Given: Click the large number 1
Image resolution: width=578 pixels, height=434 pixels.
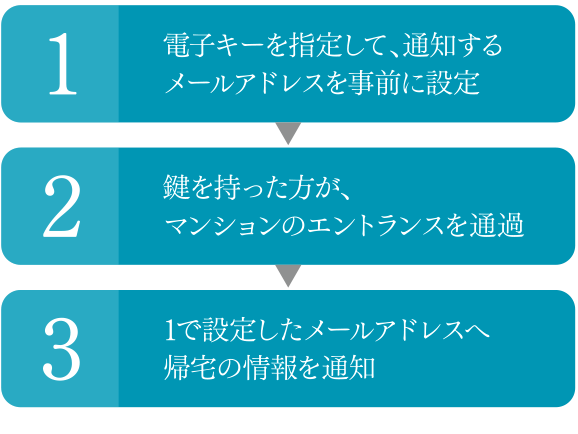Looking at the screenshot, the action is click(63, 64).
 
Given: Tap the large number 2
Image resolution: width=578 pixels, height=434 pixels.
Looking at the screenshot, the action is click(62, 206).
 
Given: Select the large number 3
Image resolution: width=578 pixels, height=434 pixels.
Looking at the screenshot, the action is click(62, 349).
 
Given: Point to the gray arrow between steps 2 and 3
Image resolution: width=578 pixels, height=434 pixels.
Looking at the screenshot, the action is click(289, 275).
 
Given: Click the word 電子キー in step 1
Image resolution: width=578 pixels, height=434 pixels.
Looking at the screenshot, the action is click(213, 45).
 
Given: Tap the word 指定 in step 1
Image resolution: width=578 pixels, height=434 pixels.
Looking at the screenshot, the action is click(315, 45).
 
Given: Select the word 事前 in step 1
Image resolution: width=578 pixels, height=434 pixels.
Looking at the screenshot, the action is click(374, 83).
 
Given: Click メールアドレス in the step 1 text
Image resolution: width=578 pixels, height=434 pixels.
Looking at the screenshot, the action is click(244, 83).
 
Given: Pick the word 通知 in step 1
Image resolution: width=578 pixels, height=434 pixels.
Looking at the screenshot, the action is click(429, 45).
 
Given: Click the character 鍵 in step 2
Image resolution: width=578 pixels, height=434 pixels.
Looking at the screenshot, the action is click(176, 188).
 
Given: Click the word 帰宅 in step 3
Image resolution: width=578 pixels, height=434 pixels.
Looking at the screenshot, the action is click(189, 368).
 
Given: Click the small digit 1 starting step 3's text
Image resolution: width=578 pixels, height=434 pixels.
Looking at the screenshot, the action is click(170, 330).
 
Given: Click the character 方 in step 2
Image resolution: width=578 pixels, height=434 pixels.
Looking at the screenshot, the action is click(300, 188).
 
